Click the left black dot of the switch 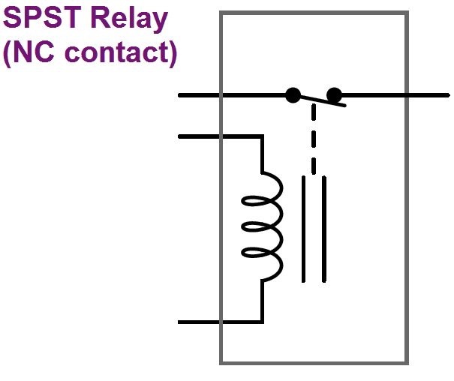(293, 95)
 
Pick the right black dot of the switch (334, 95)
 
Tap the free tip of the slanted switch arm (344, 106)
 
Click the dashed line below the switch (314, 139)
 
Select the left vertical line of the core (304, 229)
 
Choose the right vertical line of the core (325, 229)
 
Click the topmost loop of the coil (267, 187)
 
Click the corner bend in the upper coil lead (262, 136)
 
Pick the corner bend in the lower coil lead (262, 322)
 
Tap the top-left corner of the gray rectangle (221, 13)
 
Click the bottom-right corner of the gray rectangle (407, 363)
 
